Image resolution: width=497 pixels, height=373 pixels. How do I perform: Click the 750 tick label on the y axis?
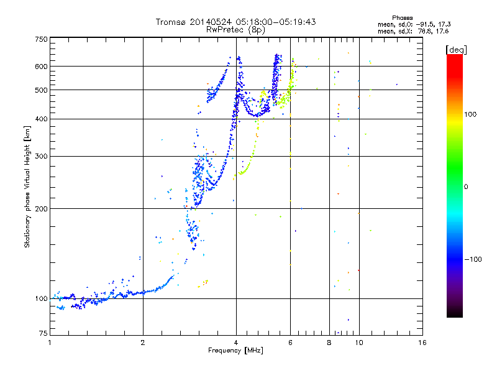pos(41,39)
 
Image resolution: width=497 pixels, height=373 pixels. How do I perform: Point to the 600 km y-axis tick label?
pos(41,67)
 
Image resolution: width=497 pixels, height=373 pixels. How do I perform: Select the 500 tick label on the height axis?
pos(41,90)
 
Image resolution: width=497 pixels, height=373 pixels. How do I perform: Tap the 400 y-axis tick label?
pos(41,119)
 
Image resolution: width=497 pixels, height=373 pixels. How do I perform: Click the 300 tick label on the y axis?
pos(41,157)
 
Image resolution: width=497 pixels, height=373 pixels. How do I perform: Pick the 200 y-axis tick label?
pos(41,209)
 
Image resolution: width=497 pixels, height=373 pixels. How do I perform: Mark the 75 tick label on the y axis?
pos(43,334)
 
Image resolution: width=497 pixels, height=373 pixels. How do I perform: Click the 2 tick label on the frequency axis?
pos(143,343)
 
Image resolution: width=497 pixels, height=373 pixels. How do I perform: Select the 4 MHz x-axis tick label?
pos(236,343)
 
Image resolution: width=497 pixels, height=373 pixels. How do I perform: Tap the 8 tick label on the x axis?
pos(329,343)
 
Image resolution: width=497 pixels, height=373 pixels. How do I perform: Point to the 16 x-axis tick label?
pos(422,343)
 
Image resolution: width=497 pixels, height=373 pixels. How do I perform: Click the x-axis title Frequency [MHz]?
pos(236,351)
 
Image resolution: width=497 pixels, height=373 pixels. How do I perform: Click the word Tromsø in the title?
pos(173,22)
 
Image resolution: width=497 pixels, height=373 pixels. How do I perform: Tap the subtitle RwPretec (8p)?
pos(235,29)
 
